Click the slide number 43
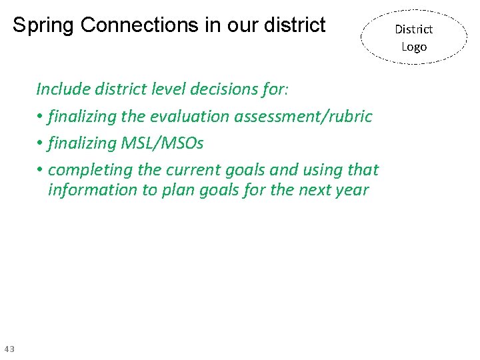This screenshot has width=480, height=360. (9, 349)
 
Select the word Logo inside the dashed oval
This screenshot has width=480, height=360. (413, 47)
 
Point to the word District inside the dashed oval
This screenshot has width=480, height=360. (413, 29)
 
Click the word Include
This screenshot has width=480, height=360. (63, 89)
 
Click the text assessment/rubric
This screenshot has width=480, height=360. (303, 117)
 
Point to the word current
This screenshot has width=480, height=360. (187, 170)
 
